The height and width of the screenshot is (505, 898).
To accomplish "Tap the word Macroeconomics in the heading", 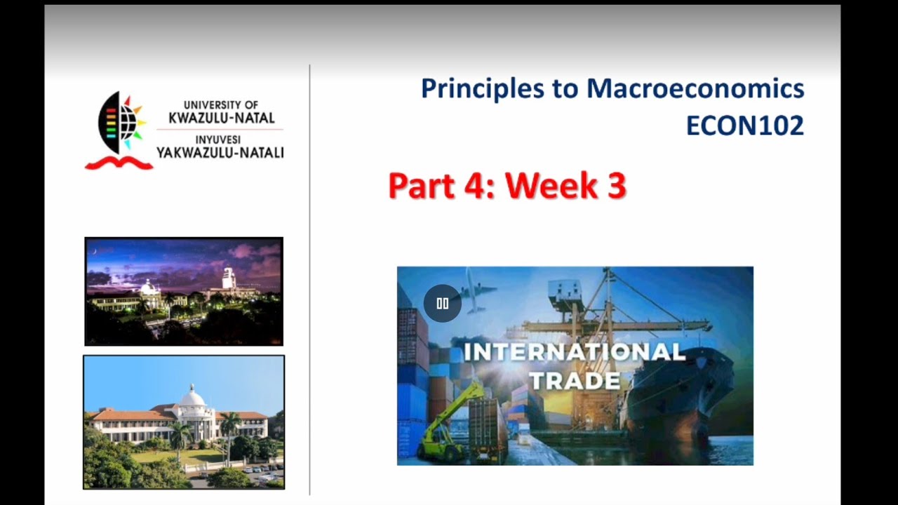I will [695, 89].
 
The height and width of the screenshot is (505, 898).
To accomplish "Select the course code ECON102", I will [744, 126].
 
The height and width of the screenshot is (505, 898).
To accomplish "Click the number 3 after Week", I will [616, 187].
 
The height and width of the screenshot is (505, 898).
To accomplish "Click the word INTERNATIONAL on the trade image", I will [575, 351].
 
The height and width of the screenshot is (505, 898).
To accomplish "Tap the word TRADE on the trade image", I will [575, 381].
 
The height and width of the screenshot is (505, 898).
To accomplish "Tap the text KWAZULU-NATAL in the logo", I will [221, 118].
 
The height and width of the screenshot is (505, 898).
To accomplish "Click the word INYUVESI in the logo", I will [217, 140].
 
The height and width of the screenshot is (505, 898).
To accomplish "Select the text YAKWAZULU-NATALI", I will [220, 152].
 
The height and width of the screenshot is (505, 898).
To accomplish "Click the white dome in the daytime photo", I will [192, 397].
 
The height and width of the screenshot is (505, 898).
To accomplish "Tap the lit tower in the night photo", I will [228, 278].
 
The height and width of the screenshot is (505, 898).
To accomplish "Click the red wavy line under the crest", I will [119, 163].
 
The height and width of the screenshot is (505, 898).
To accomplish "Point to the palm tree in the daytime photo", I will [229, 428].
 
